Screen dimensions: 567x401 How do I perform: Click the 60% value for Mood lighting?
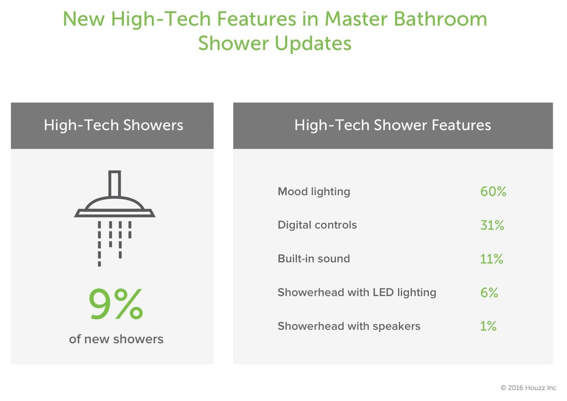point(493,191)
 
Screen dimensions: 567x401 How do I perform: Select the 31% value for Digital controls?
point(492,225)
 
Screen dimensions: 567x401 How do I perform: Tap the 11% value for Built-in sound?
point(491,259)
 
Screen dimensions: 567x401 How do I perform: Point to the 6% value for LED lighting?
point(489,293)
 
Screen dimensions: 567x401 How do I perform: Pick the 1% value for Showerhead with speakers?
point(488,326)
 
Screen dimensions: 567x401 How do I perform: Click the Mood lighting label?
point(314,192)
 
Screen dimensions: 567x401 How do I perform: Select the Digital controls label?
point(317,225)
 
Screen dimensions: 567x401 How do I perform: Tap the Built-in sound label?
point(314,258)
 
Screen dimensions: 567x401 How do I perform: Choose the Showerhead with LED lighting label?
point(357,293)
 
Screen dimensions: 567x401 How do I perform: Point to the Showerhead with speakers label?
point(349,326)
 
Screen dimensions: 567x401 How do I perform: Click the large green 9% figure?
point(116,304)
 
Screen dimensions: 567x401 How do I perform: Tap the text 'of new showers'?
point(116,339)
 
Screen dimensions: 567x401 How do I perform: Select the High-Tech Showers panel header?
point(112,125)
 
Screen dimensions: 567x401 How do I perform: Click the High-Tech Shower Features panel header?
point(393,125)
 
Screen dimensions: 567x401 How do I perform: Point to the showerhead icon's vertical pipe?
point(115,184)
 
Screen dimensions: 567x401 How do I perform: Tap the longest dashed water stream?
point(100,244)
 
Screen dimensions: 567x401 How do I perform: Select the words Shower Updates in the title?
point(275,44)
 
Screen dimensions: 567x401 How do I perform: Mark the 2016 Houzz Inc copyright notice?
point(529,388)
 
